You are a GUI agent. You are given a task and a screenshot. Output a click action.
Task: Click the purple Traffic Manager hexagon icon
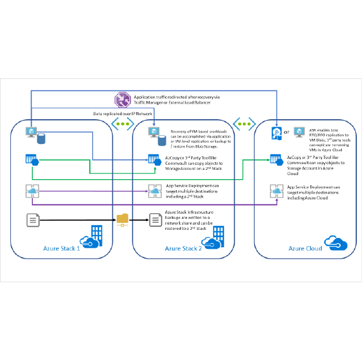click(121, 99)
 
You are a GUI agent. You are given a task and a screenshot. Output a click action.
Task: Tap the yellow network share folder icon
click(123, 219)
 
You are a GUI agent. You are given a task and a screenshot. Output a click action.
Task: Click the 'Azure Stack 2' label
click(184, 248)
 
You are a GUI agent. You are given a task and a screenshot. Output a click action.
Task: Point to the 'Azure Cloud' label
click(306, 248)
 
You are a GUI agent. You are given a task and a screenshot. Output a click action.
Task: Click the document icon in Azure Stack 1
click(32, 219)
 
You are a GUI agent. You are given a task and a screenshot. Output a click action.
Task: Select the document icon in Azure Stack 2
click(154, 219)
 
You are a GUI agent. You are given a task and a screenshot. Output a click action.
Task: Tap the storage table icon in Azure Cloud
click(277, 160)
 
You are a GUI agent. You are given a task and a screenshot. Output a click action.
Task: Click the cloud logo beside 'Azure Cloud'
click(333, 241)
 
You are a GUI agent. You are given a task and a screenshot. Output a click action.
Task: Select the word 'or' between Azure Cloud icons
click(287, 132)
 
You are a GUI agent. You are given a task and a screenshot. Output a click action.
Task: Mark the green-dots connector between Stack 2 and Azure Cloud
click(244, 124)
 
